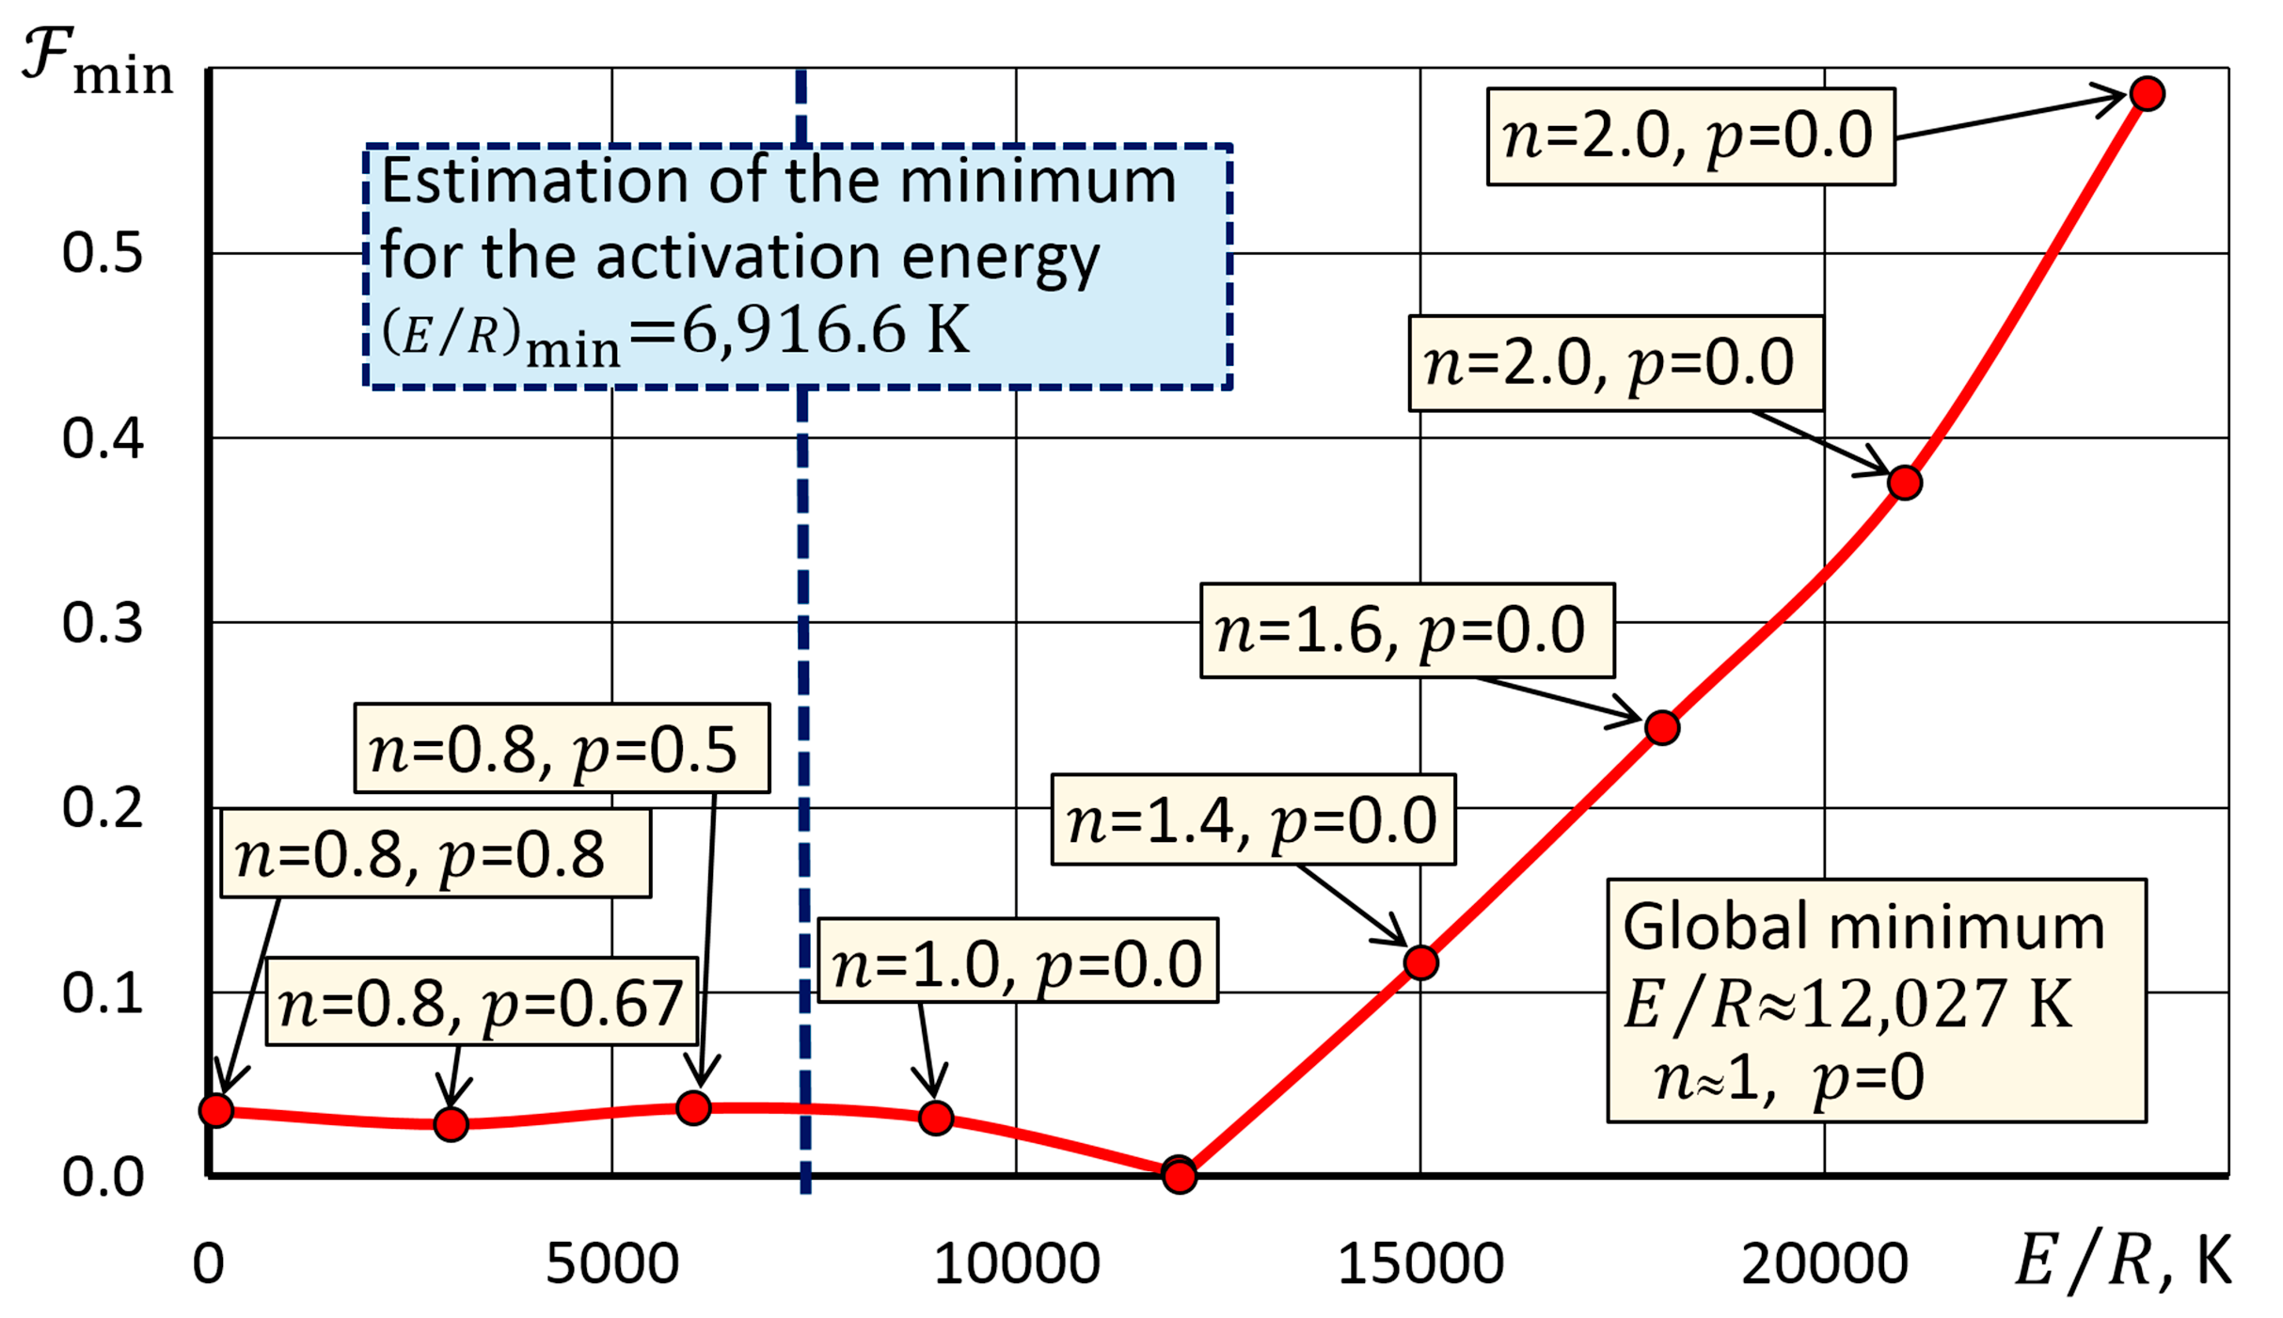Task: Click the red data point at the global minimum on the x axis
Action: [x=1179, y=1175]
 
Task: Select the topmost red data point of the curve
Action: [x=2148, y=94]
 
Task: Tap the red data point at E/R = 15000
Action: [x=1420, y=962]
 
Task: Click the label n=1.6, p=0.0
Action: [x=1406, y=630]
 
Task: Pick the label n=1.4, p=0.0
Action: [x=1253, y=820]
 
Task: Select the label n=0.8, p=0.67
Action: [x=482, y=1003]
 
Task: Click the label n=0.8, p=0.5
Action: [x=562, y=750]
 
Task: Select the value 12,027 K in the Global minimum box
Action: [x=1938, y=1004]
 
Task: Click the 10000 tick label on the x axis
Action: [x=1016, y=1263]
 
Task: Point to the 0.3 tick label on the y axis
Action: [x=102, y=623]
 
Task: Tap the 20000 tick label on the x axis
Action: [x=1824, y=1263]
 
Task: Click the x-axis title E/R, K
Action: [x=2121, y=1261]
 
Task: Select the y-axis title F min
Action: [x=97, y=62]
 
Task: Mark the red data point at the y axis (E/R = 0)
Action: [x=216, y=1110]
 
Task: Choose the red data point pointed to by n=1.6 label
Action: [x=1662, y=727]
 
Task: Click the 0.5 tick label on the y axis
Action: [x=102, y=253]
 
